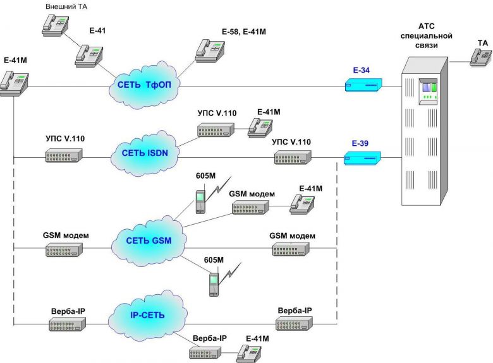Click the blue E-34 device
click(363, 85)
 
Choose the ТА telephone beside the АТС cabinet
click(480, 56)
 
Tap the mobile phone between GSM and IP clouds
click(214, 283)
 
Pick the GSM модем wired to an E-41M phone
click(250, 206)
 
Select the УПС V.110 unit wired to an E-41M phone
click(215, 131)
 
